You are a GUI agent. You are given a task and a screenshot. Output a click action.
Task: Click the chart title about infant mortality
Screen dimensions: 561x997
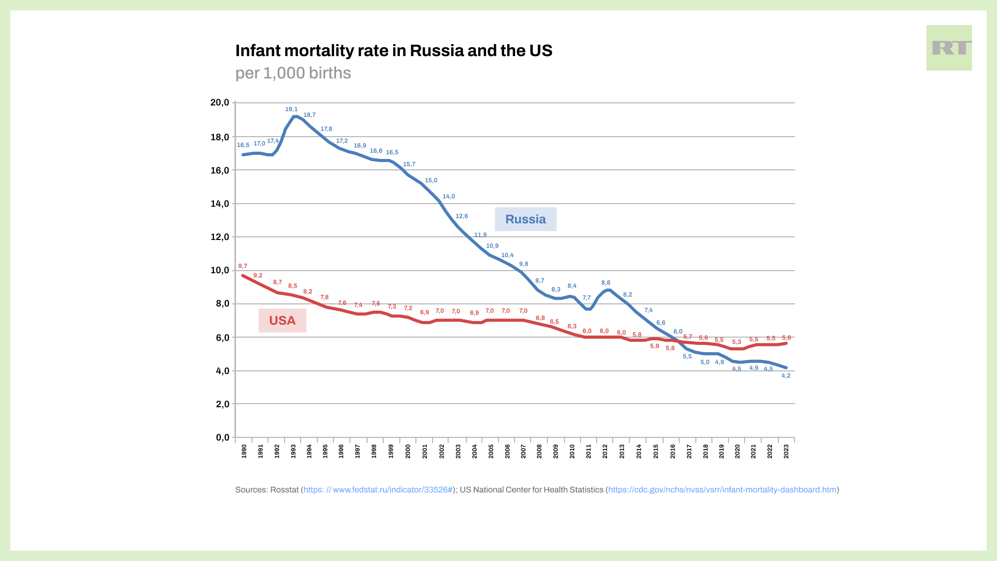[x=394, y=51]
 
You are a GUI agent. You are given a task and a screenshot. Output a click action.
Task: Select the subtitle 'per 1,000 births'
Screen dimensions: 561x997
[x=293, y=73]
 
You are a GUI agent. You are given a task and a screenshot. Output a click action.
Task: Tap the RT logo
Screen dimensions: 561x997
[x=949, y=48]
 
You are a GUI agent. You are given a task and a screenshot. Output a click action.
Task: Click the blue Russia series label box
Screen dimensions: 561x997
[x=525, y=219]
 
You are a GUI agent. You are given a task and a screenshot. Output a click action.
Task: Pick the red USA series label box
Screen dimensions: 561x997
[x=282, y=320]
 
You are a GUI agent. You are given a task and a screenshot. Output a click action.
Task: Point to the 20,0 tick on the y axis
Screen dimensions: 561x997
[x=220, y=103]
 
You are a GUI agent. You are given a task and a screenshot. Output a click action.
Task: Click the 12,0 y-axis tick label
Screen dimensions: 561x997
[x=220, y=237]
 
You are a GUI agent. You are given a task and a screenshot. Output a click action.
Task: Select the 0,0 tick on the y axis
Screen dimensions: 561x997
[x=222, y=437]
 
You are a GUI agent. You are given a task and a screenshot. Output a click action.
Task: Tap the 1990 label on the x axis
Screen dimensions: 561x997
[x=244, y=451]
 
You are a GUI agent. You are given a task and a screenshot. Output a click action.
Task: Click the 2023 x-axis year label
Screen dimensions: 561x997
[x=786, y=451]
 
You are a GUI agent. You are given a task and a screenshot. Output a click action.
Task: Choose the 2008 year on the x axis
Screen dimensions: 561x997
[x=540, y=451]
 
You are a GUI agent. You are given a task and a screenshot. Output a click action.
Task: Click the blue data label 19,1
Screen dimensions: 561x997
[x=291, y=110]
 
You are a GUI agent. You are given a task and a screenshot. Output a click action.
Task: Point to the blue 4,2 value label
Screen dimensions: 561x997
[x=786, y=376]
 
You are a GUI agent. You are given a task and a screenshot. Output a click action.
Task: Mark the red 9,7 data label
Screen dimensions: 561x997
[x=242, y=266]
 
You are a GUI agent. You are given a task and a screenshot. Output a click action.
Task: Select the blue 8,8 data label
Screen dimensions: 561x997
[x=605, y=283]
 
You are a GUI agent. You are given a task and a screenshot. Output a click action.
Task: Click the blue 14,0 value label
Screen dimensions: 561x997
[x=449, y=197]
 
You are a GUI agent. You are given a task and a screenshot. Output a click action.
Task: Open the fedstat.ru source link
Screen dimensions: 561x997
[x=378, y=490]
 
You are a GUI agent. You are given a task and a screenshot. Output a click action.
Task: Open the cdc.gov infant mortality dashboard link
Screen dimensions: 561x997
[x=722, y=490]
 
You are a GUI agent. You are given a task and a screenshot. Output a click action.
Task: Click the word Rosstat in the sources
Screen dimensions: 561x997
[x=284, y=490]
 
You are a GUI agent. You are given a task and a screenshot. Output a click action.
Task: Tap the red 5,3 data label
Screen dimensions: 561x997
[x=736, y=342]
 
